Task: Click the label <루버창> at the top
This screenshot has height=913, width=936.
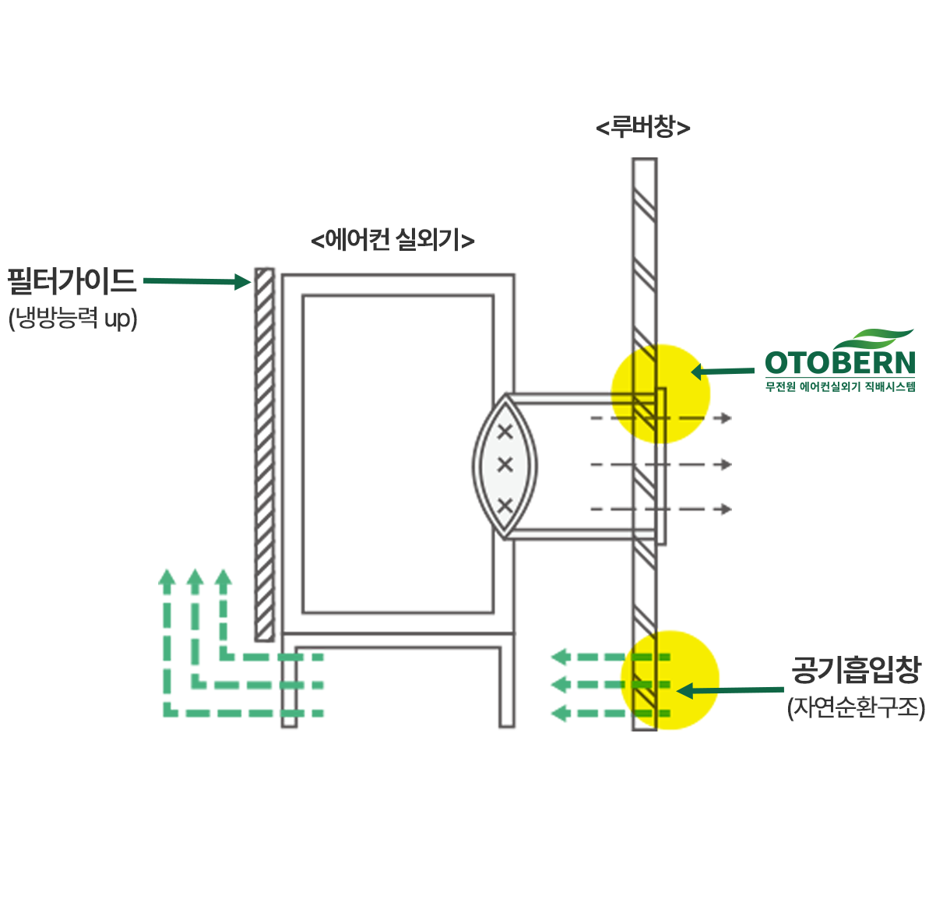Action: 643,127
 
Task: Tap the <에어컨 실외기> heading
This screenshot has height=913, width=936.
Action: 392,239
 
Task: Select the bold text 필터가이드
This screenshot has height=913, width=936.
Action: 72,280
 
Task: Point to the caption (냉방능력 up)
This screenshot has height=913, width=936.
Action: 73,318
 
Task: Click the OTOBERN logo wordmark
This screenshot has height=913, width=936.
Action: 839,363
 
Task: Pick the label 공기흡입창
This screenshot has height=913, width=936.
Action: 856,669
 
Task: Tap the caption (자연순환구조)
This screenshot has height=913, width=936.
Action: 856,707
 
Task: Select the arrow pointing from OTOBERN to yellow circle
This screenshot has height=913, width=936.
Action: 723,372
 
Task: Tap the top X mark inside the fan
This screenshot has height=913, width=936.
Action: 505,430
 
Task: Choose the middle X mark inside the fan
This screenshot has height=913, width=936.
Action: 505,465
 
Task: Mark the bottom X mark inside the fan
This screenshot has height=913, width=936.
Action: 505,506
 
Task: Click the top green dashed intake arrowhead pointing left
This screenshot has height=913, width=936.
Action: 558,657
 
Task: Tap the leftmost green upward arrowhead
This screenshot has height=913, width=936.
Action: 166,577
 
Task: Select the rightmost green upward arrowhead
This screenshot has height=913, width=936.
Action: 223,577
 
